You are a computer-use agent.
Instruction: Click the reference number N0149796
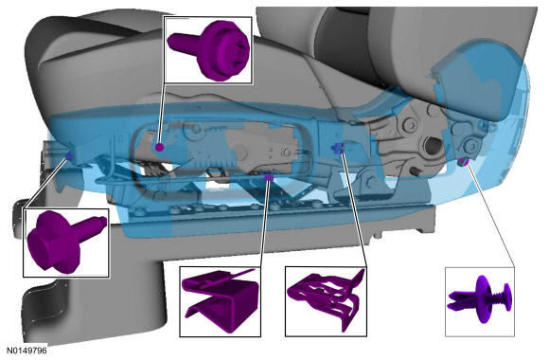click(x=27, y=351)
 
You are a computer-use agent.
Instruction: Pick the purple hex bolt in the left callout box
click(x=66, y=242)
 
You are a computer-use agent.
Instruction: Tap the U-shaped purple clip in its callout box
click(x=221, y=300)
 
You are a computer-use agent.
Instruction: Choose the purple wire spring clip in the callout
click(x=326, y=298)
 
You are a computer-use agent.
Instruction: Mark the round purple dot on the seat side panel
click(x=160, y=147)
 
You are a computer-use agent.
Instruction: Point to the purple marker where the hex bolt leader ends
click(x=69, y=156)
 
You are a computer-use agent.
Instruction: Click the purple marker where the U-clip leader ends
click(x=269, y=178)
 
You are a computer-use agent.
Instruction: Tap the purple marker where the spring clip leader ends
click(x=338, y=149)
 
